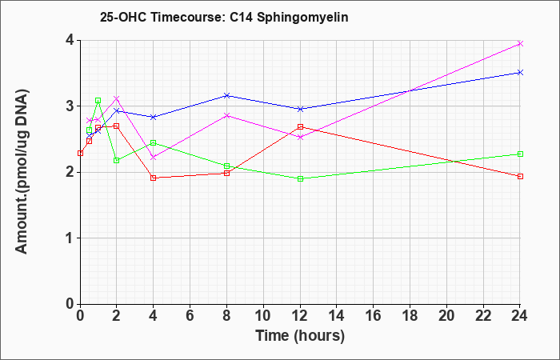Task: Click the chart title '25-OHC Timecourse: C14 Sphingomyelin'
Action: [x=224, y=17]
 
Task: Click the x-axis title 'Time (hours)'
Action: [x=300, y=336]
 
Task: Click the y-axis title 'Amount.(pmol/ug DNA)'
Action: [x=22, y=172]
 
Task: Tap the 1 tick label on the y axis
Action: [x=70, y=238]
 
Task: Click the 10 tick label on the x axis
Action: [x=263, y=316]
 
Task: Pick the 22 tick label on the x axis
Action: [x=483, y=316]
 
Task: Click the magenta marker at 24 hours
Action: [x=520, y=43]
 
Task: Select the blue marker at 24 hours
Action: [x=520, y=73]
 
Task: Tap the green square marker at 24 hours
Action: [x=520, y=154]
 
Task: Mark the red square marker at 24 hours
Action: [x=520, y=177]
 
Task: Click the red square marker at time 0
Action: [x=80, y=154]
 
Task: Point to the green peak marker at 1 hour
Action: [x=98, y=101]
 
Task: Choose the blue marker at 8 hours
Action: [x=226, y=95]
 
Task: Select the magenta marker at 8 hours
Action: [x=226, y=115]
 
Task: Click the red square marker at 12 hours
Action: [x=300, y=126]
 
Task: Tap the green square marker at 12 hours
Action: [x=300, y=178]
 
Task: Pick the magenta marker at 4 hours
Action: [x=154, y=157]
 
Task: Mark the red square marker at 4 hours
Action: [x=154, y=178]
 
